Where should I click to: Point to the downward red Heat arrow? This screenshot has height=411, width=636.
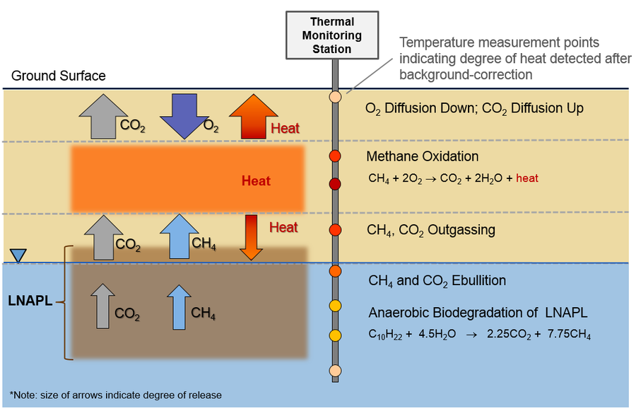[x=251, y=236]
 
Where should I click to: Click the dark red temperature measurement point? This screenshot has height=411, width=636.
[x=335, y=185]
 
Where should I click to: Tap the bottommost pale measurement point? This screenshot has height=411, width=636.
[x=335, y=370]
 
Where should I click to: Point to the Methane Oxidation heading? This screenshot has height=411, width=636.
[x=422, y=156]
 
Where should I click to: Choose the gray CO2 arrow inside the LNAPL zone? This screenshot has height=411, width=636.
[x=103, y=306]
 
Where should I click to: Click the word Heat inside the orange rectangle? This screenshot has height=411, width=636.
[x=256, y=180]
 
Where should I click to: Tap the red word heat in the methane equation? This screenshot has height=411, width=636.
[x=527, y=178]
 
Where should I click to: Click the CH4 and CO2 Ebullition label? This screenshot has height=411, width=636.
[x=437, y=281]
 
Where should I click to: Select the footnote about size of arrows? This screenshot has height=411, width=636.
[x=116, y=395]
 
